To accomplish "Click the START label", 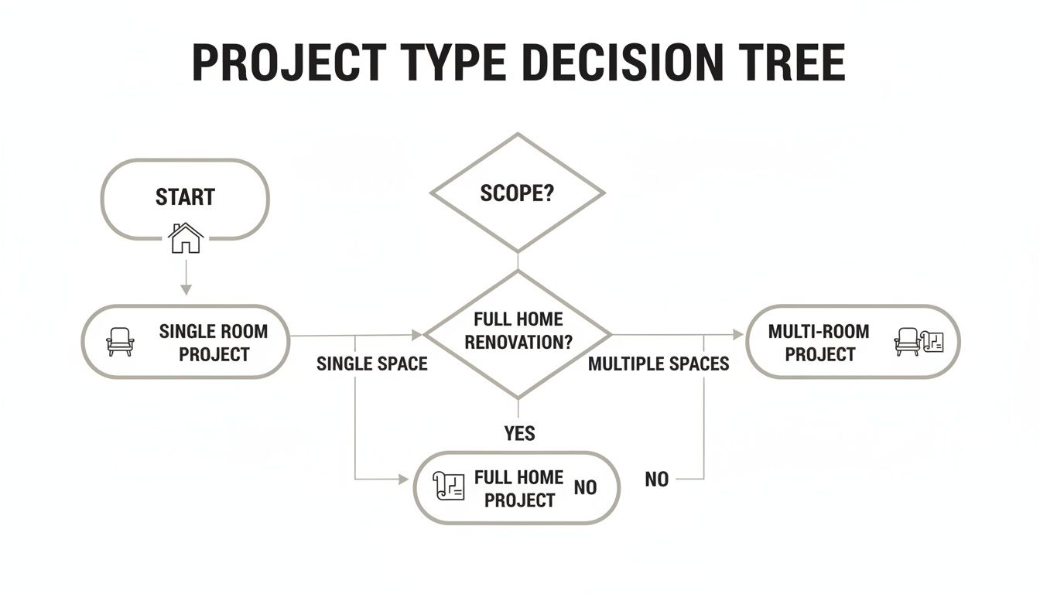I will (185, 197).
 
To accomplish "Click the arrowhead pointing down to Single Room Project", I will (185, 289).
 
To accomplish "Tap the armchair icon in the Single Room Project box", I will (120, 341).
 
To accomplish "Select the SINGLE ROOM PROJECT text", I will (214, 343).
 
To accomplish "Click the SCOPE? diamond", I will (517, 193).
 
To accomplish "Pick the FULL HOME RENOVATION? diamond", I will (518, 331).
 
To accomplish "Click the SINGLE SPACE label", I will (371, 364).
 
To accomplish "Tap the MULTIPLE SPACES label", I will (659, 364).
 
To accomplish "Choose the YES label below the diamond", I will (519, 433).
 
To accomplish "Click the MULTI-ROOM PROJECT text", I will (819, 343).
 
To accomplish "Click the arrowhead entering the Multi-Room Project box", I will (737, 335).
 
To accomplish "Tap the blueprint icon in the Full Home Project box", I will (449, 486).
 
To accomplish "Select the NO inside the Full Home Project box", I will (585, 488).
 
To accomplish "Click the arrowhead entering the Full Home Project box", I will (403, 480).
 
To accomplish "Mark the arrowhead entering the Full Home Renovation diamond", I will (417, 335).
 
